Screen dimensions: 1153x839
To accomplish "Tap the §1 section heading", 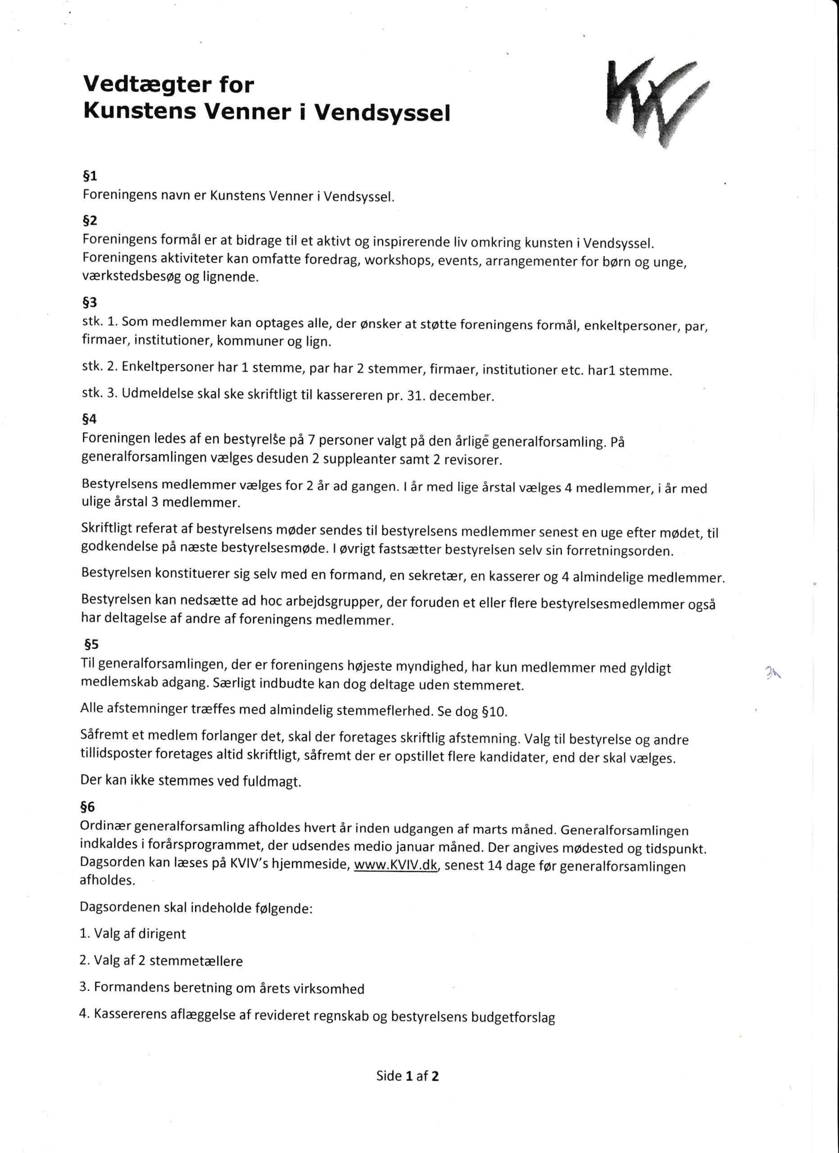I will point(90,176).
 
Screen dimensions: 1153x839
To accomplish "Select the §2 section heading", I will point(90,220).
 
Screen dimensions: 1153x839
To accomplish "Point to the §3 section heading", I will point(90,303).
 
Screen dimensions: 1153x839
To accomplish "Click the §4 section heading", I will point(90,419).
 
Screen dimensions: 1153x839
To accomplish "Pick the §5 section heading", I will point(91,645).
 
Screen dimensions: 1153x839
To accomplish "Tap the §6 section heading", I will point(87,806).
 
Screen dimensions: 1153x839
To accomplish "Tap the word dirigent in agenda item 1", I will point(162,934).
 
